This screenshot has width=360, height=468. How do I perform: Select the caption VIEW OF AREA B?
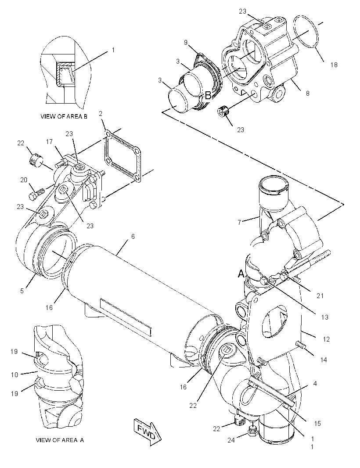[x=64, y=117]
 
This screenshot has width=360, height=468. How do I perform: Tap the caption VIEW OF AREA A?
[x=60, y=440]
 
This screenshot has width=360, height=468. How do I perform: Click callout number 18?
[x=334, y=65]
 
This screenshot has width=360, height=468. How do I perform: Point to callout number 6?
[x=133, y=236]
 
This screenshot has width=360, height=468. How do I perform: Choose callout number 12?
[x=326, y=339]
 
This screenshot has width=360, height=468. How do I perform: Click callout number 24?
[x=231, y=440]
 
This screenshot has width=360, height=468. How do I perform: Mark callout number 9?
[x=186, y=43]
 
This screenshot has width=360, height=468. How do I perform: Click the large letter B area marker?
[x=208, y=96]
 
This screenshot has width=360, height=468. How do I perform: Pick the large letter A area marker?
[x=241, y=274]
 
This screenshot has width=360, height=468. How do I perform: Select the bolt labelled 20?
[x=36, y=193]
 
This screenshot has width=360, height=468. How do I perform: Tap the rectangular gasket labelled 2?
[x=122, y=155]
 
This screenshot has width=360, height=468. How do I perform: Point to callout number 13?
[x=324, y=317]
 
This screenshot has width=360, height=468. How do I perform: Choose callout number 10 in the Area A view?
[x=14, y=374]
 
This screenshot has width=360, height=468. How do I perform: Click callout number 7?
[x=239, y=222]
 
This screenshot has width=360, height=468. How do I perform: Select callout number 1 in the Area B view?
[x=113, y=50]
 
